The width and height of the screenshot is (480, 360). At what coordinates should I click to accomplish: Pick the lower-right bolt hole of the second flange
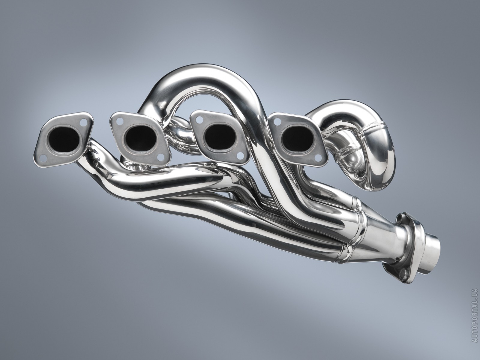pyautogui.click(x=161, y=157)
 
